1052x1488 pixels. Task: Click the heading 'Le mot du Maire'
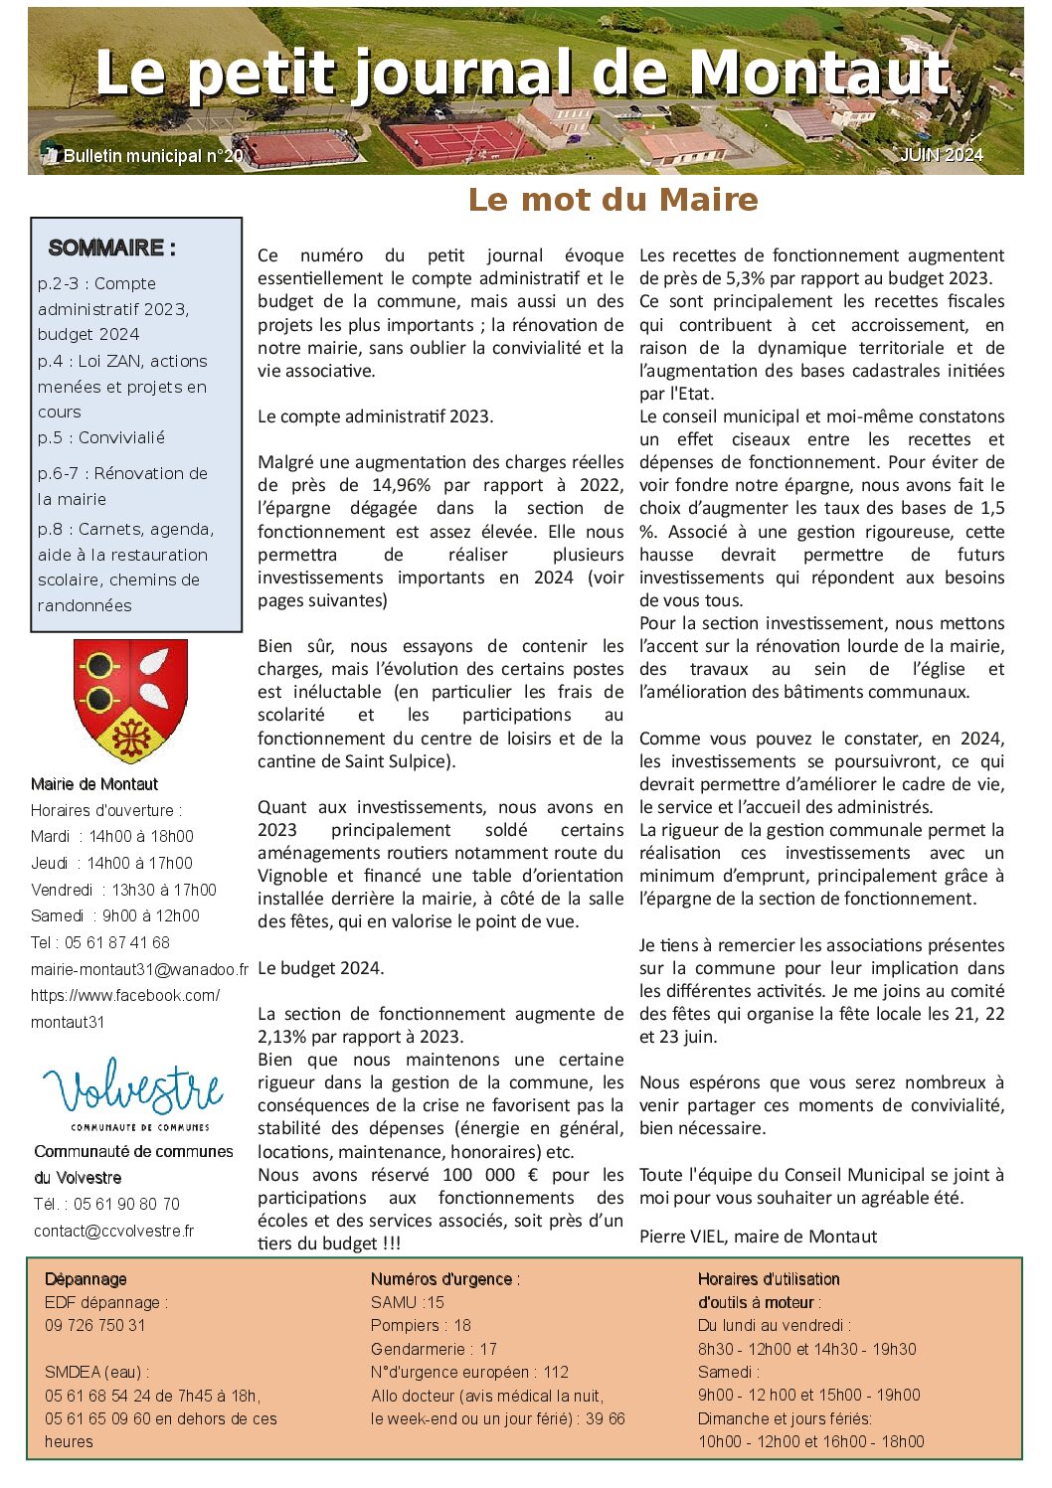tap(613, 200)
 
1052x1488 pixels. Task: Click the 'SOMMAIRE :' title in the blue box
tap(111, 248)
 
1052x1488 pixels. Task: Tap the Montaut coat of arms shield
tap(131, 701)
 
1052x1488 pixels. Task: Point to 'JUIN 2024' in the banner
tap(941, 155)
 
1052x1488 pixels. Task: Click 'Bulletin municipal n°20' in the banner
tap(152, 156)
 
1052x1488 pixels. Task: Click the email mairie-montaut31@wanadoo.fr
tap(139, 969)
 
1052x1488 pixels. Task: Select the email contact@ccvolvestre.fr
tap(113, 1231)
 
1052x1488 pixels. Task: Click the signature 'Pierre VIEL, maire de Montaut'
tap(758, 1237)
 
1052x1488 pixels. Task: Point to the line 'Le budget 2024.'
tap(320, 968)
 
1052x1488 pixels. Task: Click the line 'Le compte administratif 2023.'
tap(375, 416)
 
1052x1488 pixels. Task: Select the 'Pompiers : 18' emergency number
tap(421, 1325)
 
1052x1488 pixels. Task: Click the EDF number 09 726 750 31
tap(94, 1325)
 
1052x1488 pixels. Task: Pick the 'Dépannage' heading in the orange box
tap(86, 1279)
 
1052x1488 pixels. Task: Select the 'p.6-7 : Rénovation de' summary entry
tap(122, 473)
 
